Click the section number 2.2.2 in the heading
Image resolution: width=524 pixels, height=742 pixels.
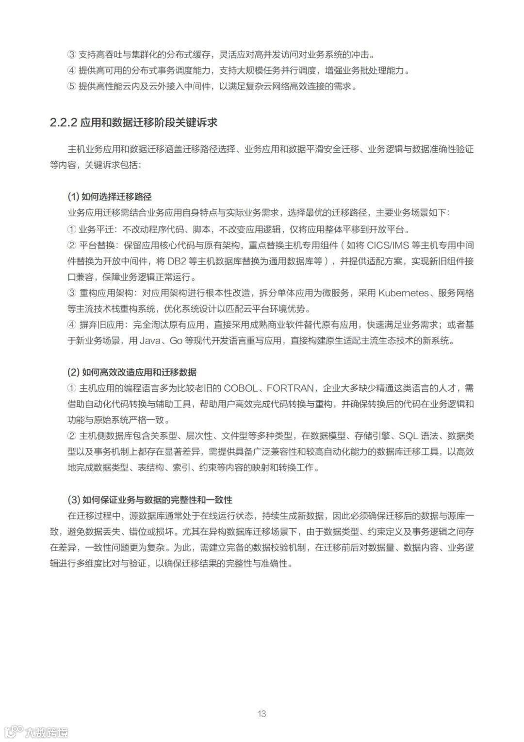(64, 122)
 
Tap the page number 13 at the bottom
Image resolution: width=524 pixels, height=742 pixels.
(262, 713)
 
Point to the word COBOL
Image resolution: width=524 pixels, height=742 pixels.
(241, 388)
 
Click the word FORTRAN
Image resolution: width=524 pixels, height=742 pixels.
(290, 388)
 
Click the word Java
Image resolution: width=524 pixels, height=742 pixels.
(150, 341)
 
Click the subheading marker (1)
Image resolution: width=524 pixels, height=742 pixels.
(73, 197)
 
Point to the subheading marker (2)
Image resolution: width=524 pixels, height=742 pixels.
(73, 372)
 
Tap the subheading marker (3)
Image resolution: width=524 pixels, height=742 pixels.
(73, 500)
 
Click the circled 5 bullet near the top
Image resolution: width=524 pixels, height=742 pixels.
(71, 86)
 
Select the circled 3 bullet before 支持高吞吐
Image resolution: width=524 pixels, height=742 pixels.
(71, 54)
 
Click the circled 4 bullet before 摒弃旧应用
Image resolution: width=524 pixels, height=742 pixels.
(71, 325)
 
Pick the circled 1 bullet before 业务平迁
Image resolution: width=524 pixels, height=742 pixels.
(71, 229)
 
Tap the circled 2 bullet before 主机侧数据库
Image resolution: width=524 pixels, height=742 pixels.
(71, 435)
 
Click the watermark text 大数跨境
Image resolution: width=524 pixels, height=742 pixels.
(47, 732)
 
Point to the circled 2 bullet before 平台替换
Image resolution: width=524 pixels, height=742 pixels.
(71, 245)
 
